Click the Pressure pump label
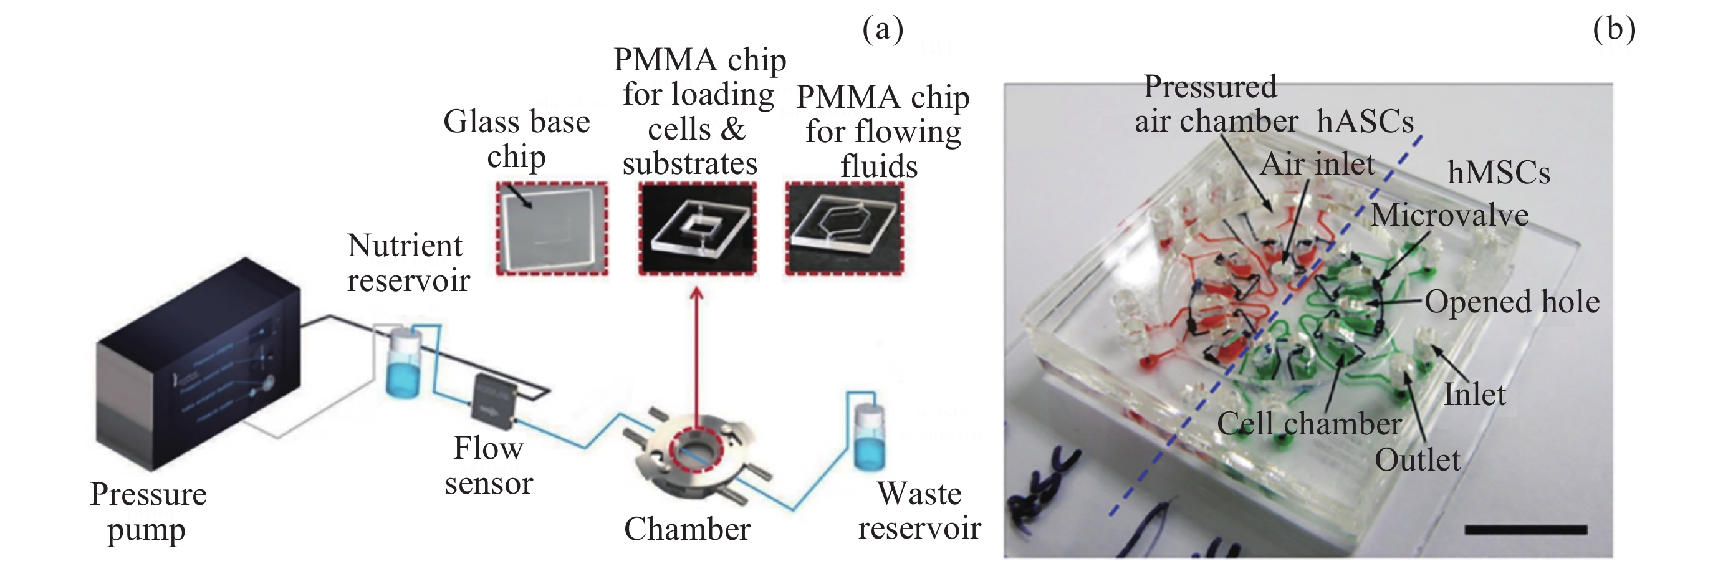(x=148, y=512)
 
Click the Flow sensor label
(x=488, y=466)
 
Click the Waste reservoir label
(x=919, y=510)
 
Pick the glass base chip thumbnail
(x=552, y=228)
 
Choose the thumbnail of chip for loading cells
(x=698, y=228)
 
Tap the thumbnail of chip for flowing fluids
(x=844, y=228)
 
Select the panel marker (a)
(x=882, y=29)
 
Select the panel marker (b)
(x=1614, y=29)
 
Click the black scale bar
(x=1526, y=530)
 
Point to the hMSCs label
(x=1499, y=173)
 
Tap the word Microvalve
(x=1449, y=215)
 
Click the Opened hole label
(x=1512, y=302)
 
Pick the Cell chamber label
(x=1309, y=424)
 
